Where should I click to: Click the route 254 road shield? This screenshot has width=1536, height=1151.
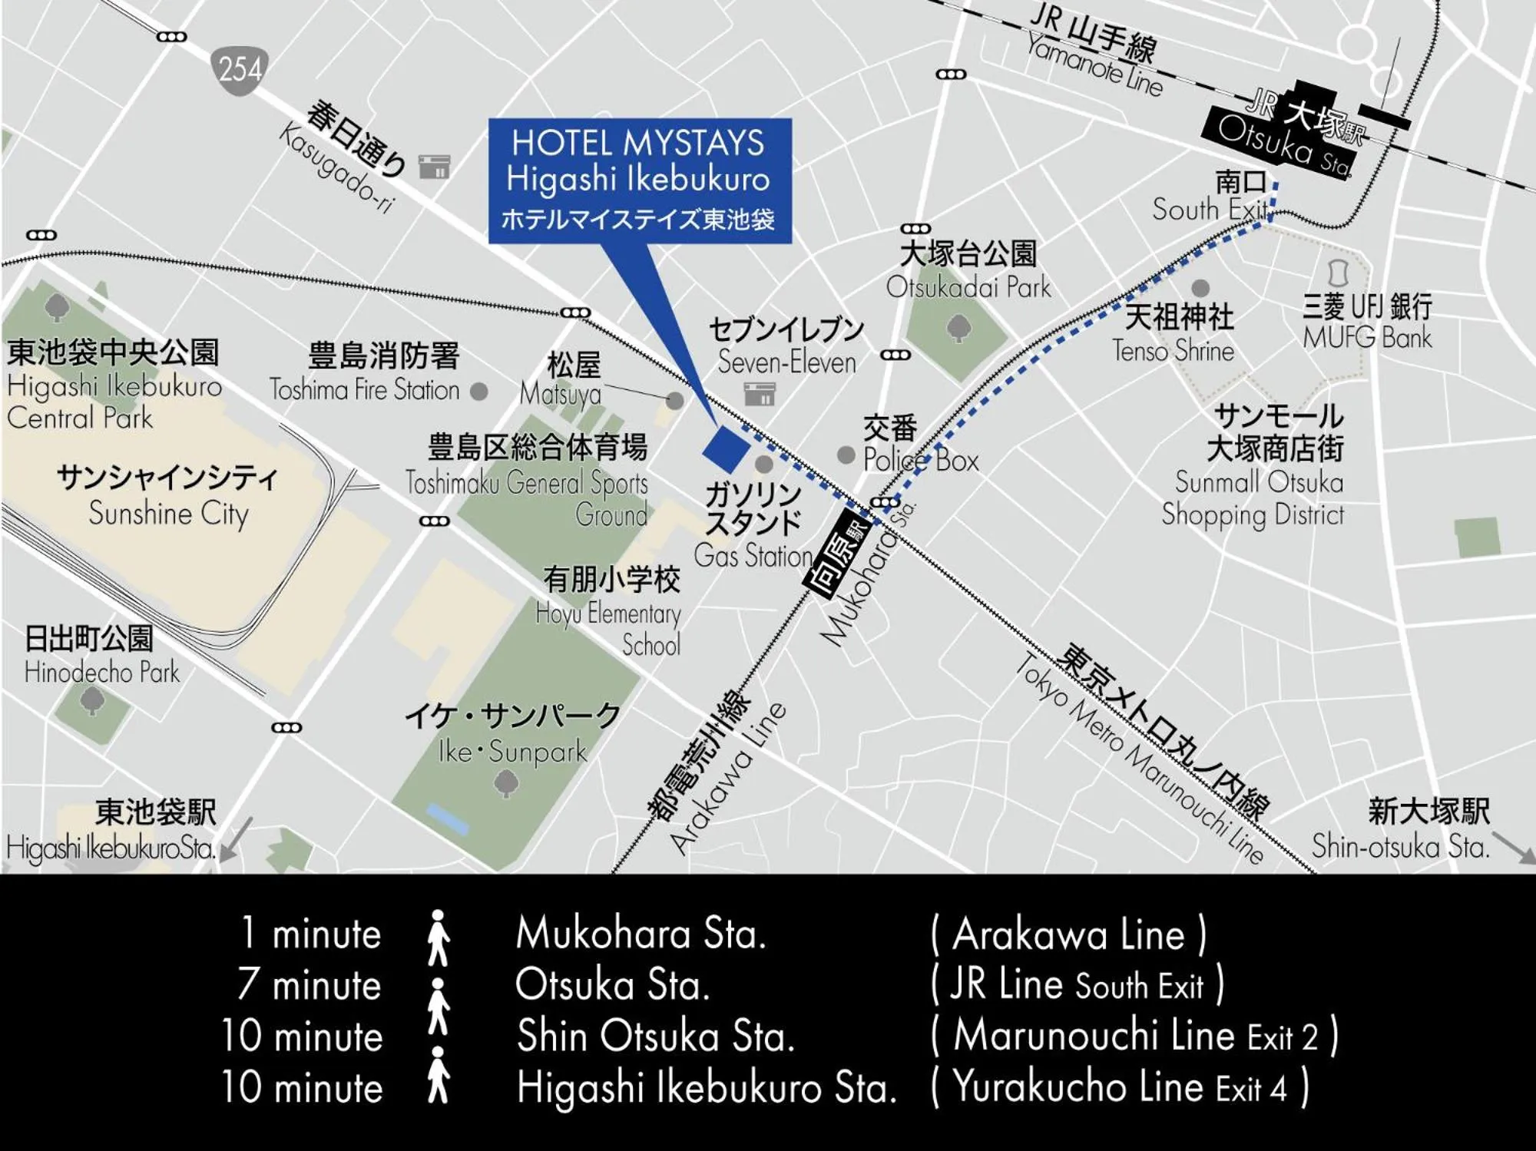tap(240, 70)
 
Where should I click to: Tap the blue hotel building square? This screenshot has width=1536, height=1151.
tap(726, 449)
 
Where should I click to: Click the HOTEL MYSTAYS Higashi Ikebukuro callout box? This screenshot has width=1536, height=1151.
tap(640, 180)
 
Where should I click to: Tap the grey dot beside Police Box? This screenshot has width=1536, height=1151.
tap(846, 455)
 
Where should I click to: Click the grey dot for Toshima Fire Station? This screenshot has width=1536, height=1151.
tap(479, 392)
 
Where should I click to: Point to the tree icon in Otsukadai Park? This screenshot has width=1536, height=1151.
tap(957, 329)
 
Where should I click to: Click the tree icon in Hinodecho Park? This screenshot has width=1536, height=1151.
tap(91, 700)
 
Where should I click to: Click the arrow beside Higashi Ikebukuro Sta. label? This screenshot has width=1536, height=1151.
tap(239, 839)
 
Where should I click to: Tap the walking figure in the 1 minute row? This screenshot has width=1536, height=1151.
tap(438, 937)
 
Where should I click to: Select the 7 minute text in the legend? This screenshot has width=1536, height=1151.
tap(309, 985)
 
